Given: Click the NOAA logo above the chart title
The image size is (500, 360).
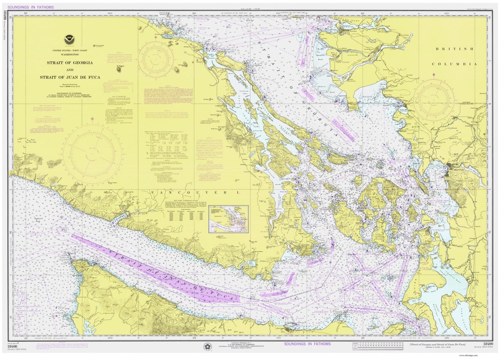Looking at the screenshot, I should [x=69, y=40].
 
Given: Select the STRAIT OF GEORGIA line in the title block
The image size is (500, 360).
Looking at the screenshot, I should [x=69, y=62].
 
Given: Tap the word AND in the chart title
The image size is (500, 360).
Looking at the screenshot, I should [x=69, y=70].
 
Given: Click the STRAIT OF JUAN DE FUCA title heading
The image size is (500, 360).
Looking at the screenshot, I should [x=69, y=77].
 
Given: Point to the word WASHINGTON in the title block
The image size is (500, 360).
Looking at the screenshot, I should [x=69, y=55].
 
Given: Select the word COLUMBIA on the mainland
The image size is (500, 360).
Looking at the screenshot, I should [x=454, y=64].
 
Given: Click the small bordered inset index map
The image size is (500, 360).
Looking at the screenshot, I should [x=228, y=219].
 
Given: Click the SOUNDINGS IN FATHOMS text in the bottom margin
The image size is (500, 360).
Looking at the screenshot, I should [x=308, y=344].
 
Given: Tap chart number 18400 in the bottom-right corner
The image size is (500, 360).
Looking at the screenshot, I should [x=487, y=344].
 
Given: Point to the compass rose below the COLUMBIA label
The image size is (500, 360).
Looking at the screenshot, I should [x=434, y=100].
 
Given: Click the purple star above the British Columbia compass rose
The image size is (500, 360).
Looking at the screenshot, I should [x=434, y=74].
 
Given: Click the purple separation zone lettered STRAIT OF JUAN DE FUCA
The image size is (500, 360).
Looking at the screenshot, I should [x=153, y=268].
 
